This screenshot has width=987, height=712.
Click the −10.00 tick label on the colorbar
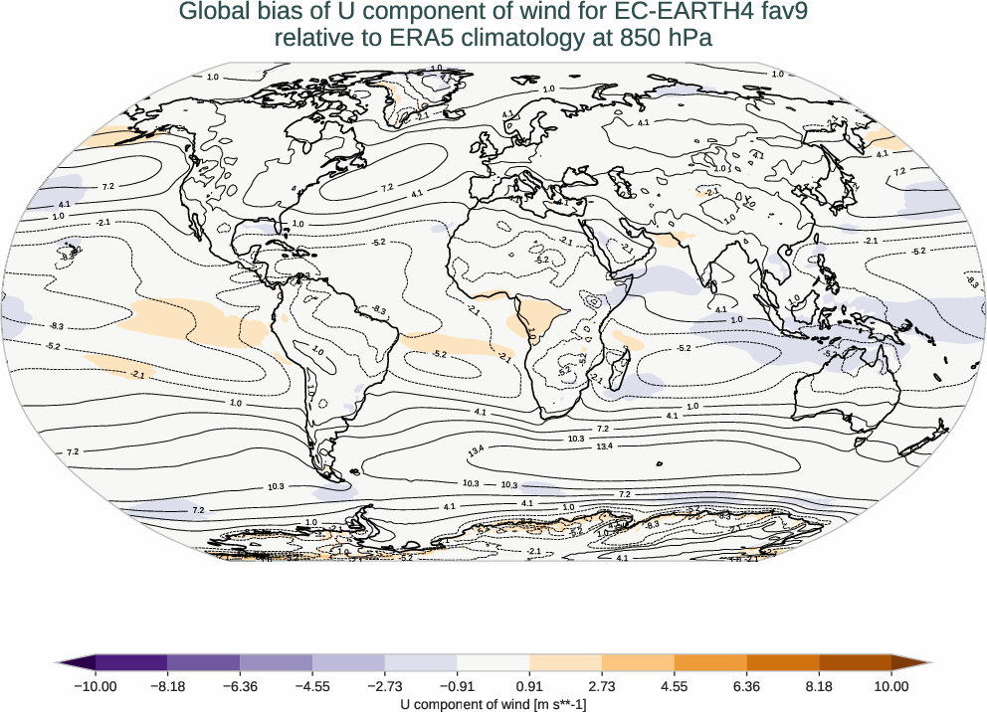coord(95,686)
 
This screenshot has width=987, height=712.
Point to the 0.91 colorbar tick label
coord(529,686)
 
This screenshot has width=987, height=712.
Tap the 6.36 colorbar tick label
coord(746,686)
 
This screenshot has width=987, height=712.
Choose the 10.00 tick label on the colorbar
coord(891,686)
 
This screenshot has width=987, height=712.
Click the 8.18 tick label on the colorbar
coord(819,686)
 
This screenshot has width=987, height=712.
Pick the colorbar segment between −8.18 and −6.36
coord(203,662)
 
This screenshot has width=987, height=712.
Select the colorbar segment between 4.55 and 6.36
coord(710,662)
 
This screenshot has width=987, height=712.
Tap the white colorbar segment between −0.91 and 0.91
coord(493,662)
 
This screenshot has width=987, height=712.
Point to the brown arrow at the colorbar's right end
coord(911,662)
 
